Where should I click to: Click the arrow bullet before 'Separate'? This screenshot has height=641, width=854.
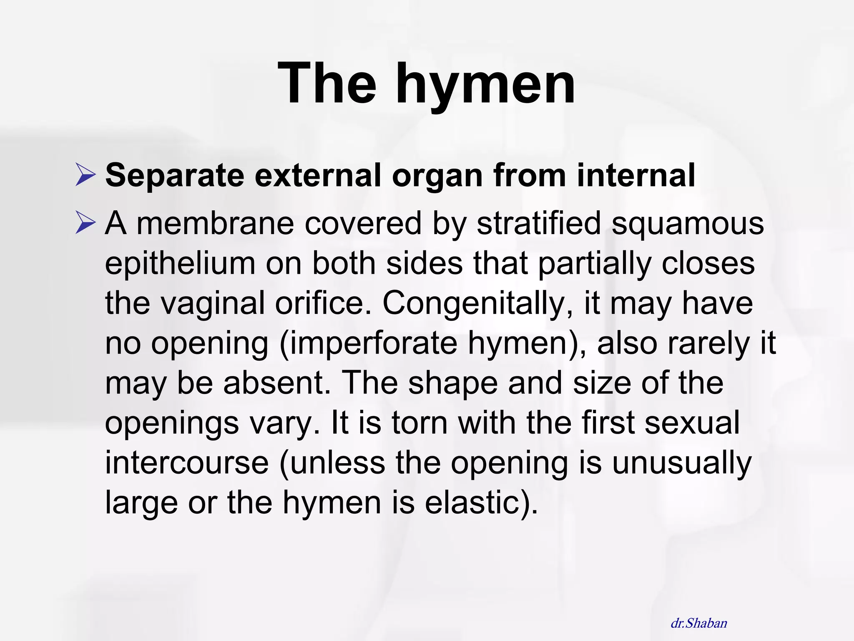tap(86, 175)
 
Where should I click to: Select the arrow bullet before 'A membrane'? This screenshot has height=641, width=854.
tap(86, 223)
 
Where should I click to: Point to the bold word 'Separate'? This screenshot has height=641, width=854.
tap(175, 175)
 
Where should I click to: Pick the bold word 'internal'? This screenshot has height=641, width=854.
tap(636, 175)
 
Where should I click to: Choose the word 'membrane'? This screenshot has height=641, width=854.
tap(215, 223)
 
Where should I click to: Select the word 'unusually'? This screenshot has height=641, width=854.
tap(681, 463)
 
